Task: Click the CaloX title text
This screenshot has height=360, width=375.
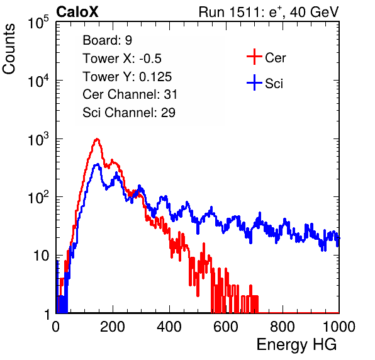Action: pos(77,12)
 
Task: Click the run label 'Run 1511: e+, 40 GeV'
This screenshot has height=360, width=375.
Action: pos(269,12)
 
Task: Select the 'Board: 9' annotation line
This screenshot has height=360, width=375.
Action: pos(107,40)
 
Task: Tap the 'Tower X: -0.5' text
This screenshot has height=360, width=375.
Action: pos(122,59)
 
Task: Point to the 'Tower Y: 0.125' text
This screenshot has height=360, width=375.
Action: pos(127,77)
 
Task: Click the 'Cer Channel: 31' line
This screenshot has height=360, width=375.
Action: pos(130,94)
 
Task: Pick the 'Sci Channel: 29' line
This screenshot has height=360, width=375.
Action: pos(129,113)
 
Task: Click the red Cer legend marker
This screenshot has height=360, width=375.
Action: pos(254,57)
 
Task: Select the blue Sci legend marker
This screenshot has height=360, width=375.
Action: pos(254,82)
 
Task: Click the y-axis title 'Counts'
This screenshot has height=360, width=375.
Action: pos(9,49)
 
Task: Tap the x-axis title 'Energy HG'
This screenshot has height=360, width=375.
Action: pos(296,345)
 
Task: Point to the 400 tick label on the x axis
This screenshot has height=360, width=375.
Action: pos(169,327)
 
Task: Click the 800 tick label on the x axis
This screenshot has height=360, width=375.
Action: pos(283,327)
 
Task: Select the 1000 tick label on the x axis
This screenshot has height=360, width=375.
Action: pos(339,327)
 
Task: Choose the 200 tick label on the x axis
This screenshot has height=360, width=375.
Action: pos(113,327)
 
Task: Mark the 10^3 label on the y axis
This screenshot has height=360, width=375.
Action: pos(38,139)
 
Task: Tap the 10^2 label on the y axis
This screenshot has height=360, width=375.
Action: pos(38,198)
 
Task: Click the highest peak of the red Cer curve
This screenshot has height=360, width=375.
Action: pos(97,138)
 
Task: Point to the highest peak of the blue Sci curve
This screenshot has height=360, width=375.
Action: pos(98,164)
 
